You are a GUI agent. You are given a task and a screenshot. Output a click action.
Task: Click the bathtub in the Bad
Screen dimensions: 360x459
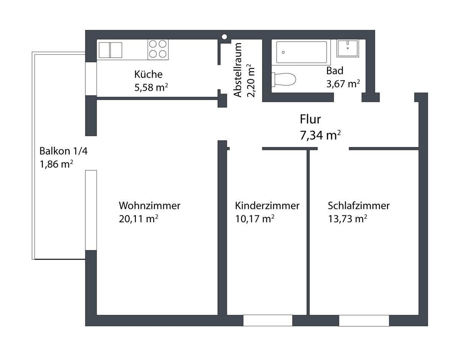[301, 52]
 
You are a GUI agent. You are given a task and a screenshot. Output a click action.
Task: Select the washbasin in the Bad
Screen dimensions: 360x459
[347, 48]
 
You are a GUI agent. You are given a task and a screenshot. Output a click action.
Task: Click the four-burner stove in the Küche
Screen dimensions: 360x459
[158, 49]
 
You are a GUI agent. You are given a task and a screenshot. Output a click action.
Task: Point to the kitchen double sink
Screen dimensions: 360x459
[110, 50]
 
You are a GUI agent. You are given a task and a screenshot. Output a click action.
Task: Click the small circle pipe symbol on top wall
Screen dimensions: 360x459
[225, 37]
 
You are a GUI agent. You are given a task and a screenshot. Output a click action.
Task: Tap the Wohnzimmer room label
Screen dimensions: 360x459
[149, 205]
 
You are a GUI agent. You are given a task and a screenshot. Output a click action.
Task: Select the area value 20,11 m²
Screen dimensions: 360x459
[138, 219]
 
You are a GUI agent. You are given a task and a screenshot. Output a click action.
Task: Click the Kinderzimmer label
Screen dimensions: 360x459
[267, 205]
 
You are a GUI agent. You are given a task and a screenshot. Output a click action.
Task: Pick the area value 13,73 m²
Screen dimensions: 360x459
[347, 219]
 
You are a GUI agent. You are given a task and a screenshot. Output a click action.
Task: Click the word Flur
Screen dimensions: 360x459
[310, 120]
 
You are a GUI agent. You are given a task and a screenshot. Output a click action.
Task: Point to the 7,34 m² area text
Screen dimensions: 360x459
[321, 135]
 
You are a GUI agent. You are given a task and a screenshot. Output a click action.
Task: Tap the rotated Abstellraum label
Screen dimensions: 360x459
[238, 70]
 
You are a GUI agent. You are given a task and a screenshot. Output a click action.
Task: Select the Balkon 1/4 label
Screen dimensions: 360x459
[63, 151]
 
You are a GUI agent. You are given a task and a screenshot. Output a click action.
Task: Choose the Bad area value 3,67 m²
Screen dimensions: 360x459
[343, 83]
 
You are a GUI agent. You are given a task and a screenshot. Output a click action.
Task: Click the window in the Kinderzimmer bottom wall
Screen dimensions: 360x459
[268, 320]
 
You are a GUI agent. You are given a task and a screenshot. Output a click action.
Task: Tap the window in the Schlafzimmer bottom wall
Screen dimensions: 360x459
[364, 320]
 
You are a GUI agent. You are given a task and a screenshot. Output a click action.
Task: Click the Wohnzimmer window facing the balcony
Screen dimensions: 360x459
[91, 210]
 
